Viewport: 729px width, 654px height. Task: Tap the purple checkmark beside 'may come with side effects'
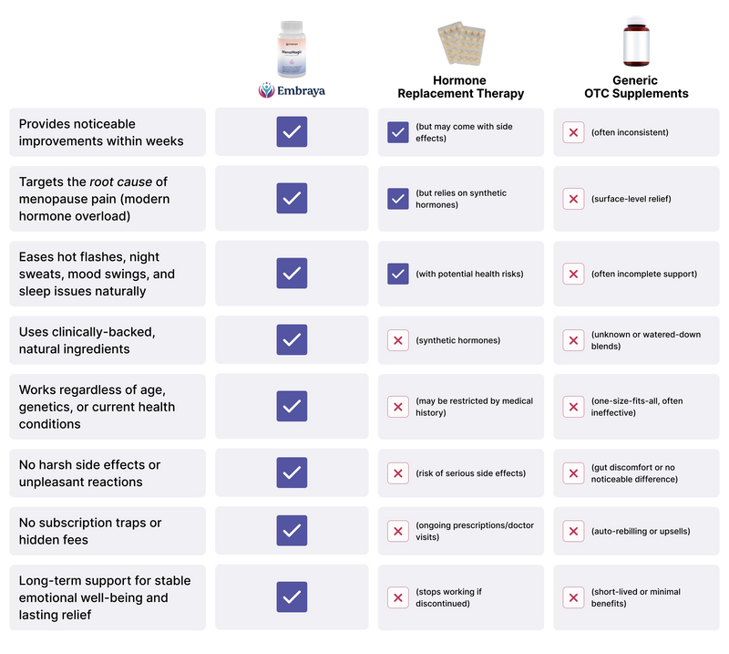click(x=397, y=132)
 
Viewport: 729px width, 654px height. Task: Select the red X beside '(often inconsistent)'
click(x=573, y=132)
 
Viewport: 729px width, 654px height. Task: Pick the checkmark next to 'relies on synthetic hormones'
click(x=397, y=198)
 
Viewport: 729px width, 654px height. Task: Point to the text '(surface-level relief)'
click(x=631, y=198)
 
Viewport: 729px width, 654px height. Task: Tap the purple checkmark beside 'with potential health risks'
click(x=397, y=273)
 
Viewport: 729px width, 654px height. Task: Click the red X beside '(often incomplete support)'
click(x=573, y=273)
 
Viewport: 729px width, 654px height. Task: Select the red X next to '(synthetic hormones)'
click(x=397, y=340)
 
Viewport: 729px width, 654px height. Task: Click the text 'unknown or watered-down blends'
click(x=645, y=340)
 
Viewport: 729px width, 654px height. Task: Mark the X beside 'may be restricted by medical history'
click(x=397, y=407)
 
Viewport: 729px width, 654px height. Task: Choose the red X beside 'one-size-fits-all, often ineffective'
click(x=573, y=407)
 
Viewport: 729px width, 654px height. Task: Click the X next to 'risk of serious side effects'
click(x=397, y=472)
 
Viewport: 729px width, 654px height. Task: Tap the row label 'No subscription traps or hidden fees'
click(x=90, y=531)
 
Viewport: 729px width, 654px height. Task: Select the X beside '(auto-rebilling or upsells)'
click(x=573, y=531)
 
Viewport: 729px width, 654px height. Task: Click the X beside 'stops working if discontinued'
click(x=397, y=597)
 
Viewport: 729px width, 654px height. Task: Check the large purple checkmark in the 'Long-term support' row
click(x=292, y=597)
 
